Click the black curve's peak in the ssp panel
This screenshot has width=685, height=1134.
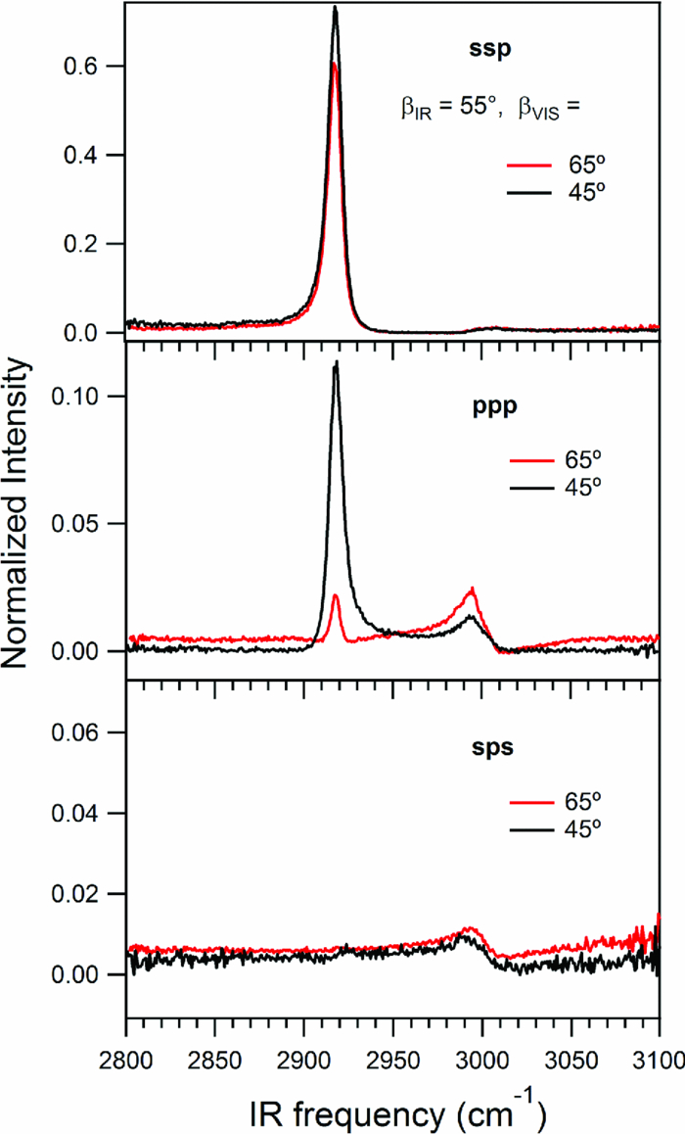pos(336,8)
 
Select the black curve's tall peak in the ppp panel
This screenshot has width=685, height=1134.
pos(337,362)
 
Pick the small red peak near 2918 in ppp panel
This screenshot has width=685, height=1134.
pos(336,594)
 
